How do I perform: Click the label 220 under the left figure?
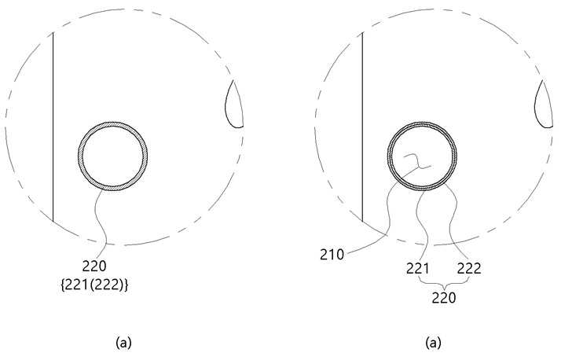click(x=94, y=266)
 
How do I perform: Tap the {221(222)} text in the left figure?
click(x=94, y=285)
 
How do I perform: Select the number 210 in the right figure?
click(x=332, y=255)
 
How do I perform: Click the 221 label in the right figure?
click(x=417, y=268)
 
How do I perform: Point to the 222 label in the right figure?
click(x=469, y=268)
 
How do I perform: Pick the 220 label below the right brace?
click(x=444, y=298)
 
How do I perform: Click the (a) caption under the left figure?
click(x=124, y=343)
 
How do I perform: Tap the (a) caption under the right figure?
click(x=433, y=343)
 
